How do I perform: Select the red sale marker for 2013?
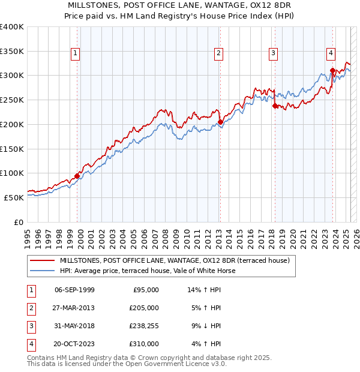[220, 122]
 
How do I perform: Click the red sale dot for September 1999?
[77, 176]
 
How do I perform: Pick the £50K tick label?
[14, 197]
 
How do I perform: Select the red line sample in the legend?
[43, 260]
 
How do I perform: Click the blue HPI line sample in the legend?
[43, 271]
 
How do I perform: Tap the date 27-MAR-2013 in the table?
[74, 308]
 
